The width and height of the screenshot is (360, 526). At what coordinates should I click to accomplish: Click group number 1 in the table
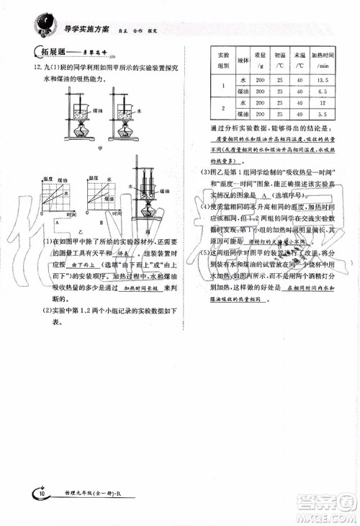[223, 86]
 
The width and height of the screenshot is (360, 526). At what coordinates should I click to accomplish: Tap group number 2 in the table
[223, 108]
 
